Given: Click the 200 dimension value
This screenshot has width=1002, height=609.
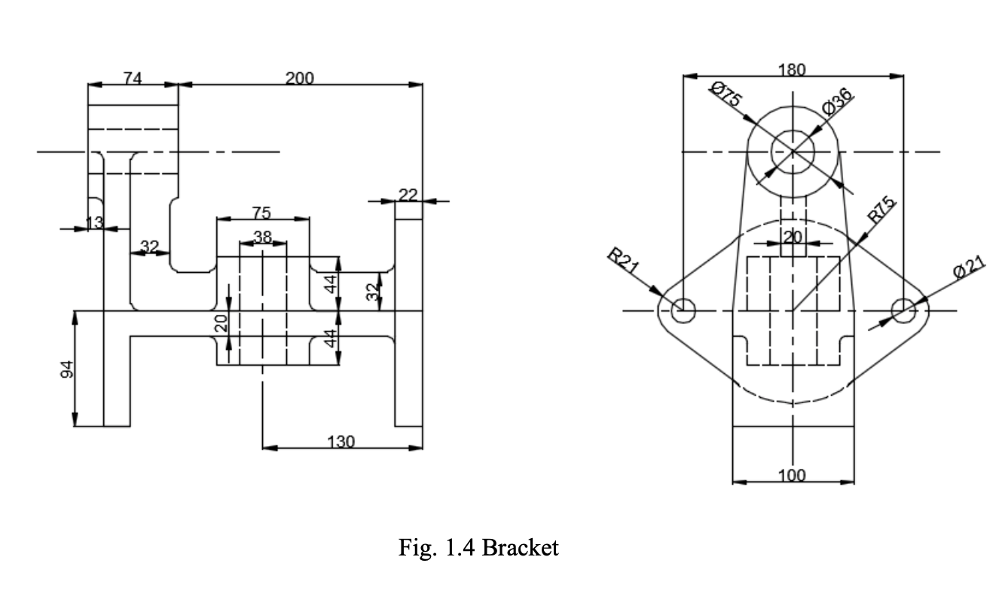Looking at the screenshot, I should click(x=300, y=78).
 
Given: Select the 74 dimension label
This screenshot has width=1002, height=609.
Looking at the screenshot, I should click(x=133, y=78).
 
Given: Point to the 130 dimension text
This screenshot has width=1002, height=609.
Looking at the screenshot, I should click(x=341, y=442).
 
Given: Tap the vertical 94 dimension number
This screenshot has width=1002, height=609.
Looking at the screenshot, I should click(x=67, y=369).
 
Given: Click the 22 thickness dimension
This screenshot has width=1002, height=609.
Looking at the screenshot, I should click(x=408, y=195).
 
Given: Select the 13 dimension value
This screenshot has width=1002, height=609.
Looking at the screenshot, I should click(x=94, y=222).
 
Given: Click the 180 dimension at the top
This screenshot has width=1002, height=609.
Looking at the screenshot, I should click(x=791, y=70).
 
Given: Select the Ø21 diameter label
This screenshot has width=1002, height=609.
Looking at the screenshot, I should click(x=968, y=265).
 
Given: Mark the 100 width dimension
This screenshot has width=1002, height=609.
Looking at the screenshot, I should click(x=792, y=475).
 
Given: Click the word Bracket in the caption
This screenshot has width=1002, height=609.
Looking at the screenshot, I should click(x=520, y=547).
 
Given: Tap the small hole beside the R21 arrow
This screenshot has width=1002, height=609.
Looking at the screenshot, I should click(x=684, y=309).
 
